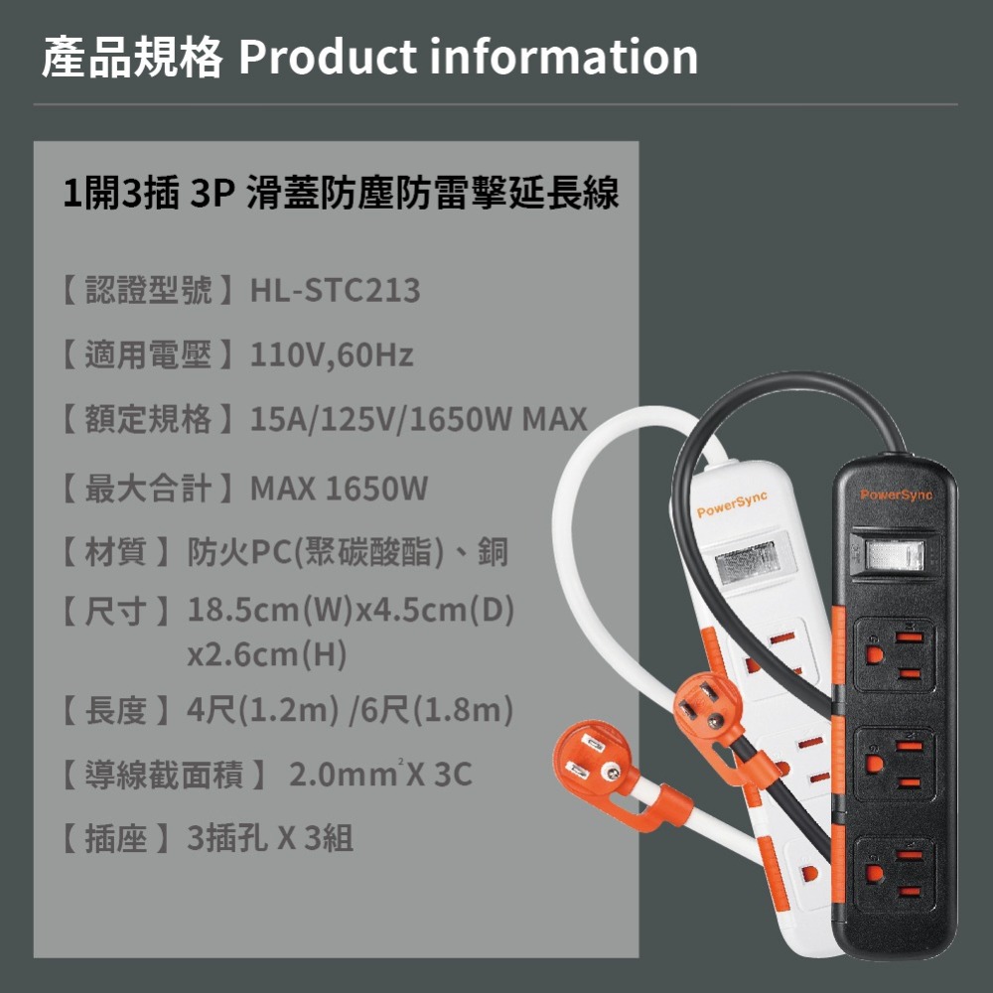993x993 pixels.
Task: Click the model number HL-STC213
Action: point(336,291)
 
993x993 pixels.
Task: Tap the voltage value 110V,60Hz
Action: point(332,355)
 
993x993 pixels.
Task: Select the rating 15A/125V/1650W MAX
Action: point(419,419)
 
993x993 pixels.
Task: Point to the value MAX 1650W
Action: point(339,489)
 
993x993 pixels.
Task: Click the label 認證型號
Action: point(148,291)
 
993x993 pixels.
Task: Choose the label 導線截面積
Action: point(163,775)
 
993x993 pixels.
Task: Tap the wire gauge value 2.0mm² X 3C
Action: point(380,775)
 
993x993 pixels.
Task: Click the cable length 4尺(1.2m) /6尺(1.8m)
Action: point(350,710)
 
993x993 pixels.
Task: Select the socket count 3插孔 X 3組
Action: point(270,839)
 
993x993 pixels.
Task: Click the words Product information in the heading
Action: point(468,58)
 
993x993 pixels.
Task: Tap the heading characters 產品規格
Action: point(132,58)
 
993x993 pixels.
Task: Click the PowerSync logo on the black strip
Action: point(897,495)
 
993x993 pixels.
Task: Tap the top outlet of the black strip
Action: point(894,654)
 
